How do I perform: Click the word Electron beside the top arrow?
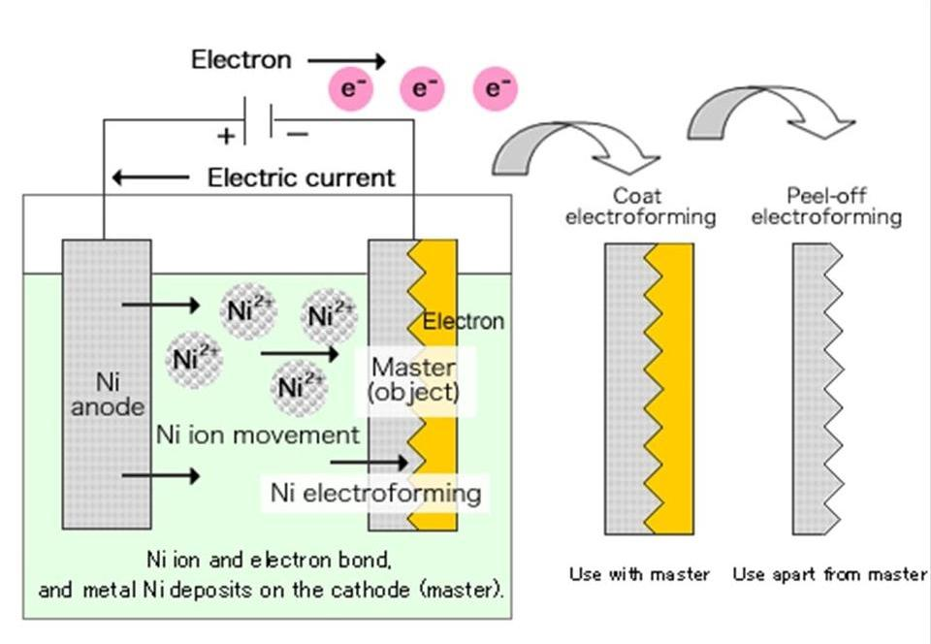pyautogui.click(x=241, y=59)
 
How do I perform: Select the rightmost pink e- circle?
pyautogui.click(x=496, y=89)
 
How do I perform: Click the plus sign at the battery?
pyautogui.click(x=226, y=135)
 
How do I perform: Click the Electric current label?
pyautogui.click(x=302, y=177)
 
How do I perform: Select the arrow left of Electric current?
pyautogui.click(x=150, y=177)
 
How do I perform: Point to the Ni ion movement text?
pyautogui.click(x=257, y=435)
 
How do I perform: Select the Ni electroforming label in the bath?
pyautogui.click(x=375, y=493)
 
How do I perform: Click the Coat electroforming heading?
pyautogui.click(x=639, y=207)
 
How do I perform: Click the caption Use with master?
pyautogui.click(x=639, y=574)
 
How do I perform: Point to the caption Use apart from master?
pyautogui.click(x=829, y=574)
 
